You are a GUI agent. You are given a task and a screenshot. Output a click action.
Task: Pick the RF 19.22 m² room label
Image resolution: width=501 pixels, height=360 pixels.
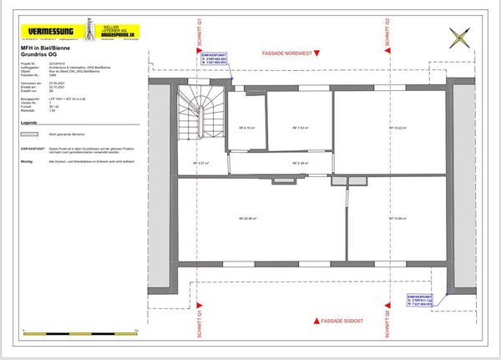coord(398,128)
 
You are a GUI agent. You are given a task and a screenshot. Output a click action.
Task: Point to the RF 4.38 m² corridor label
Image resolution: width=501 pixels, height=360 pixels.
coord(301,163)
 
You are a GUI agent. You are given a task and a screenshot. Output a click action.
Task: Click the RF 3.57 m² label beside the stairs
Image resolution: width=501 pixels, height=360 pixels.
coord(200,163)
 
